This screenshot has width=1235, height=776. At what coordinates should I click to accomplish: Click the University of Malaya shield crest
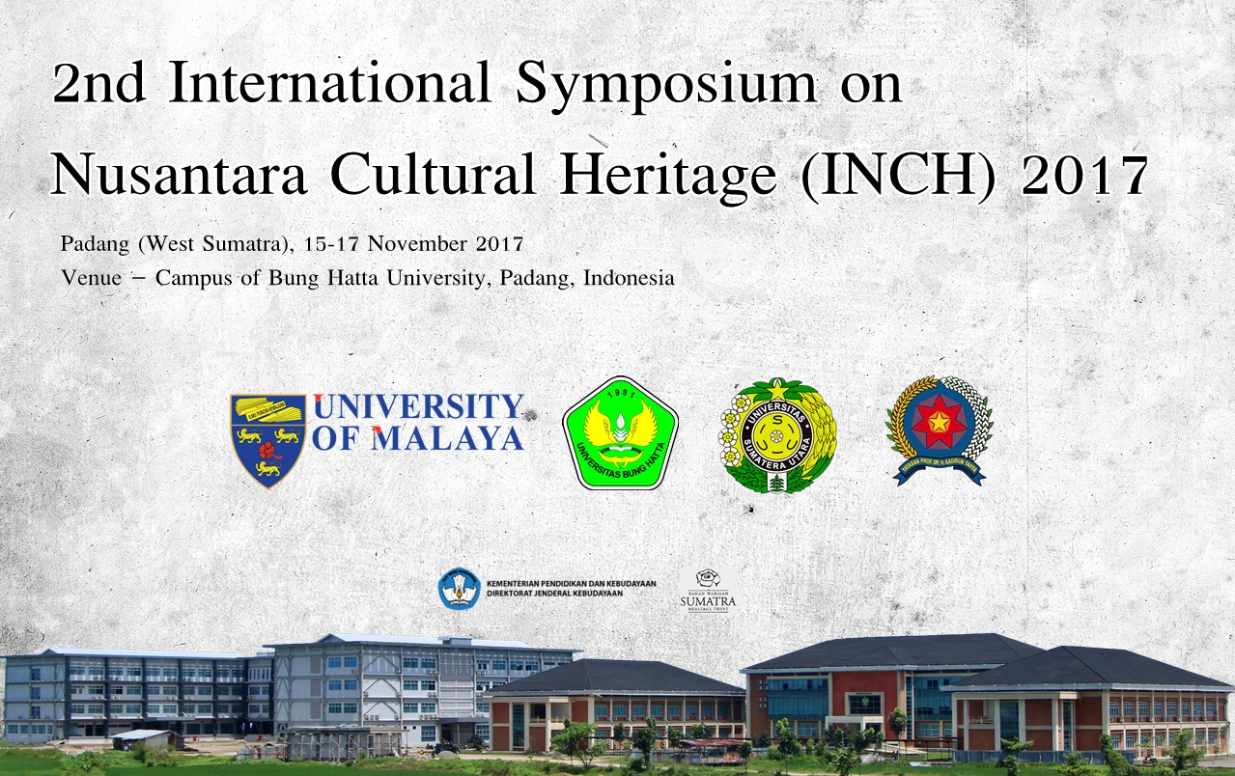click(267, 439)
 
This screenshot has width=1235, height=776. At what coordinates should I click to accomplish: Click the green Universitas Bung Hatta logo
click(620, 432)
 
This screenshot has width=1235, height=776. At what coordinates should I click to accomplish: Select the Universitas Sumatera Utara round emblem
click(777, 435)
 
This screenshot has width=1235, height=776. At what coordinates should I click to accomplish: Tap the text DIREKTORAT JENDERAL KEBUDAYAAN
click(555, 593)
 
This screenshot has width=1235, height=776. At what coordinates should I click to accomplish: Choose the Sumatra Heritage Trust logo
click(708, 592)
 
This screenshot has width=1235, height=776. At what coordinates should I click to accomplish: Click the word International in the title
click(328, 85)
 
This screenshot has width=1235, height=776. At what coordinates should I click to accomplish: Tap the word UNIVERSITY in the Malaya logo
click(418, 407)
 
